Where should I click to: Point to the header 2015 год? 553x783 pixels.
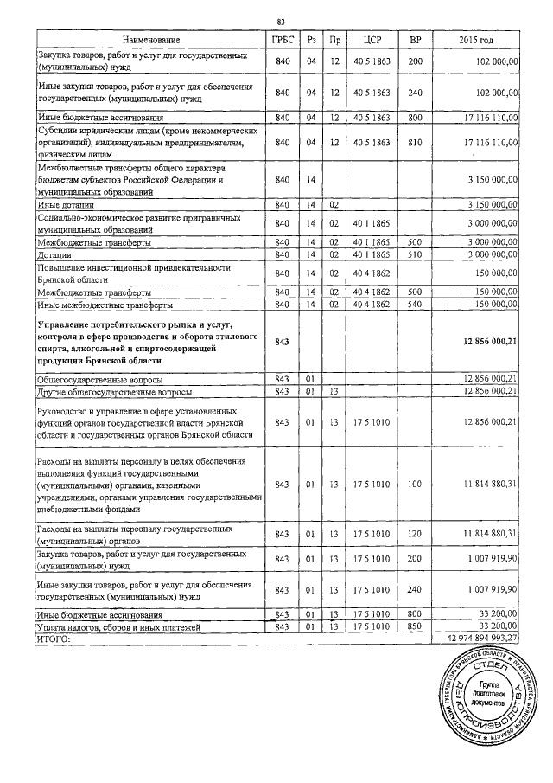click(477, 41)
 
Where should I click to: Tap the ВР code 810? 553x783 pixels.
click(415, 143)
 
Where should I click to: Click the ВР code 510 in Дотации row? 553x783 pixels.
click(415, 255)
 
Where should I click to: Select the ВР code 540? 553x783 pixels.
click(415, 305)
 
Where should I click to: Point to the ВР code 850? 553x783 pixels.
click(415, 626)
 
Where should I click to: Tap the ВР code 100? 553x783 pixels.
click(415, 484)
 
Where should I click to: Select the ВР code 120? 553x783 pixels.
click(415, 532)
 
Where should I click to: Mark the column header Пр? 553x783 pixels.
click(334, 41)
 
